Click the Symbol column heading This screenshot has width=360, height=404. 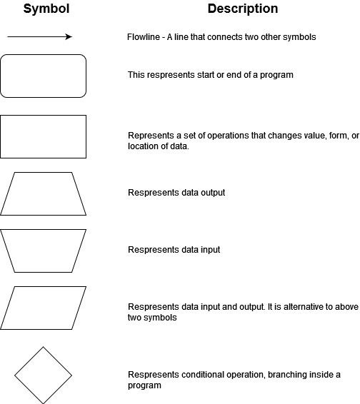pos(46,9)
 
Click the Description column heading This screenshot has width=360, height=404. pos(243,9)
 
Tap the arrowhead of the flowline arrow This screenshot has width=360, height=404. pos(69,37)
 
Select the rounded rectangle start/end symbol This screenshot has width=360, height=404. pos(43,55)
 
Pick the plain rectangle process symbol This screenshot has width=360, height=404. pos(43,116)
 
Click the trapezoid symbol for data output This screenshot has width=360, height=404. pos(43,172)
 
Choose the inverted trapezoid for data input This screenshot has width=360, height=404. pos(43,230)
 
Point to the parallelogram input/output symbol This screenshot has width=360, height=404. pos(43,286)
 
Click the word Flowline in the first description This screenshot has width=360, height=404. pos(144,37)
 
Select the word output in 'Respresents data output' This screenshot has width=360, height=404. pos(213,193)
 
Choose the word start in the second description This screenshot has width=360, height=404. pos(206,75)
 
